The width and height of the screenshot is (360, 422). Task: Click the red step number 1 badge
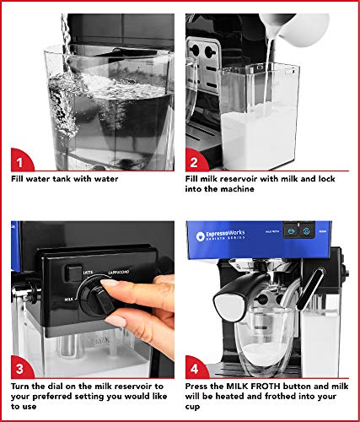23,159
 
